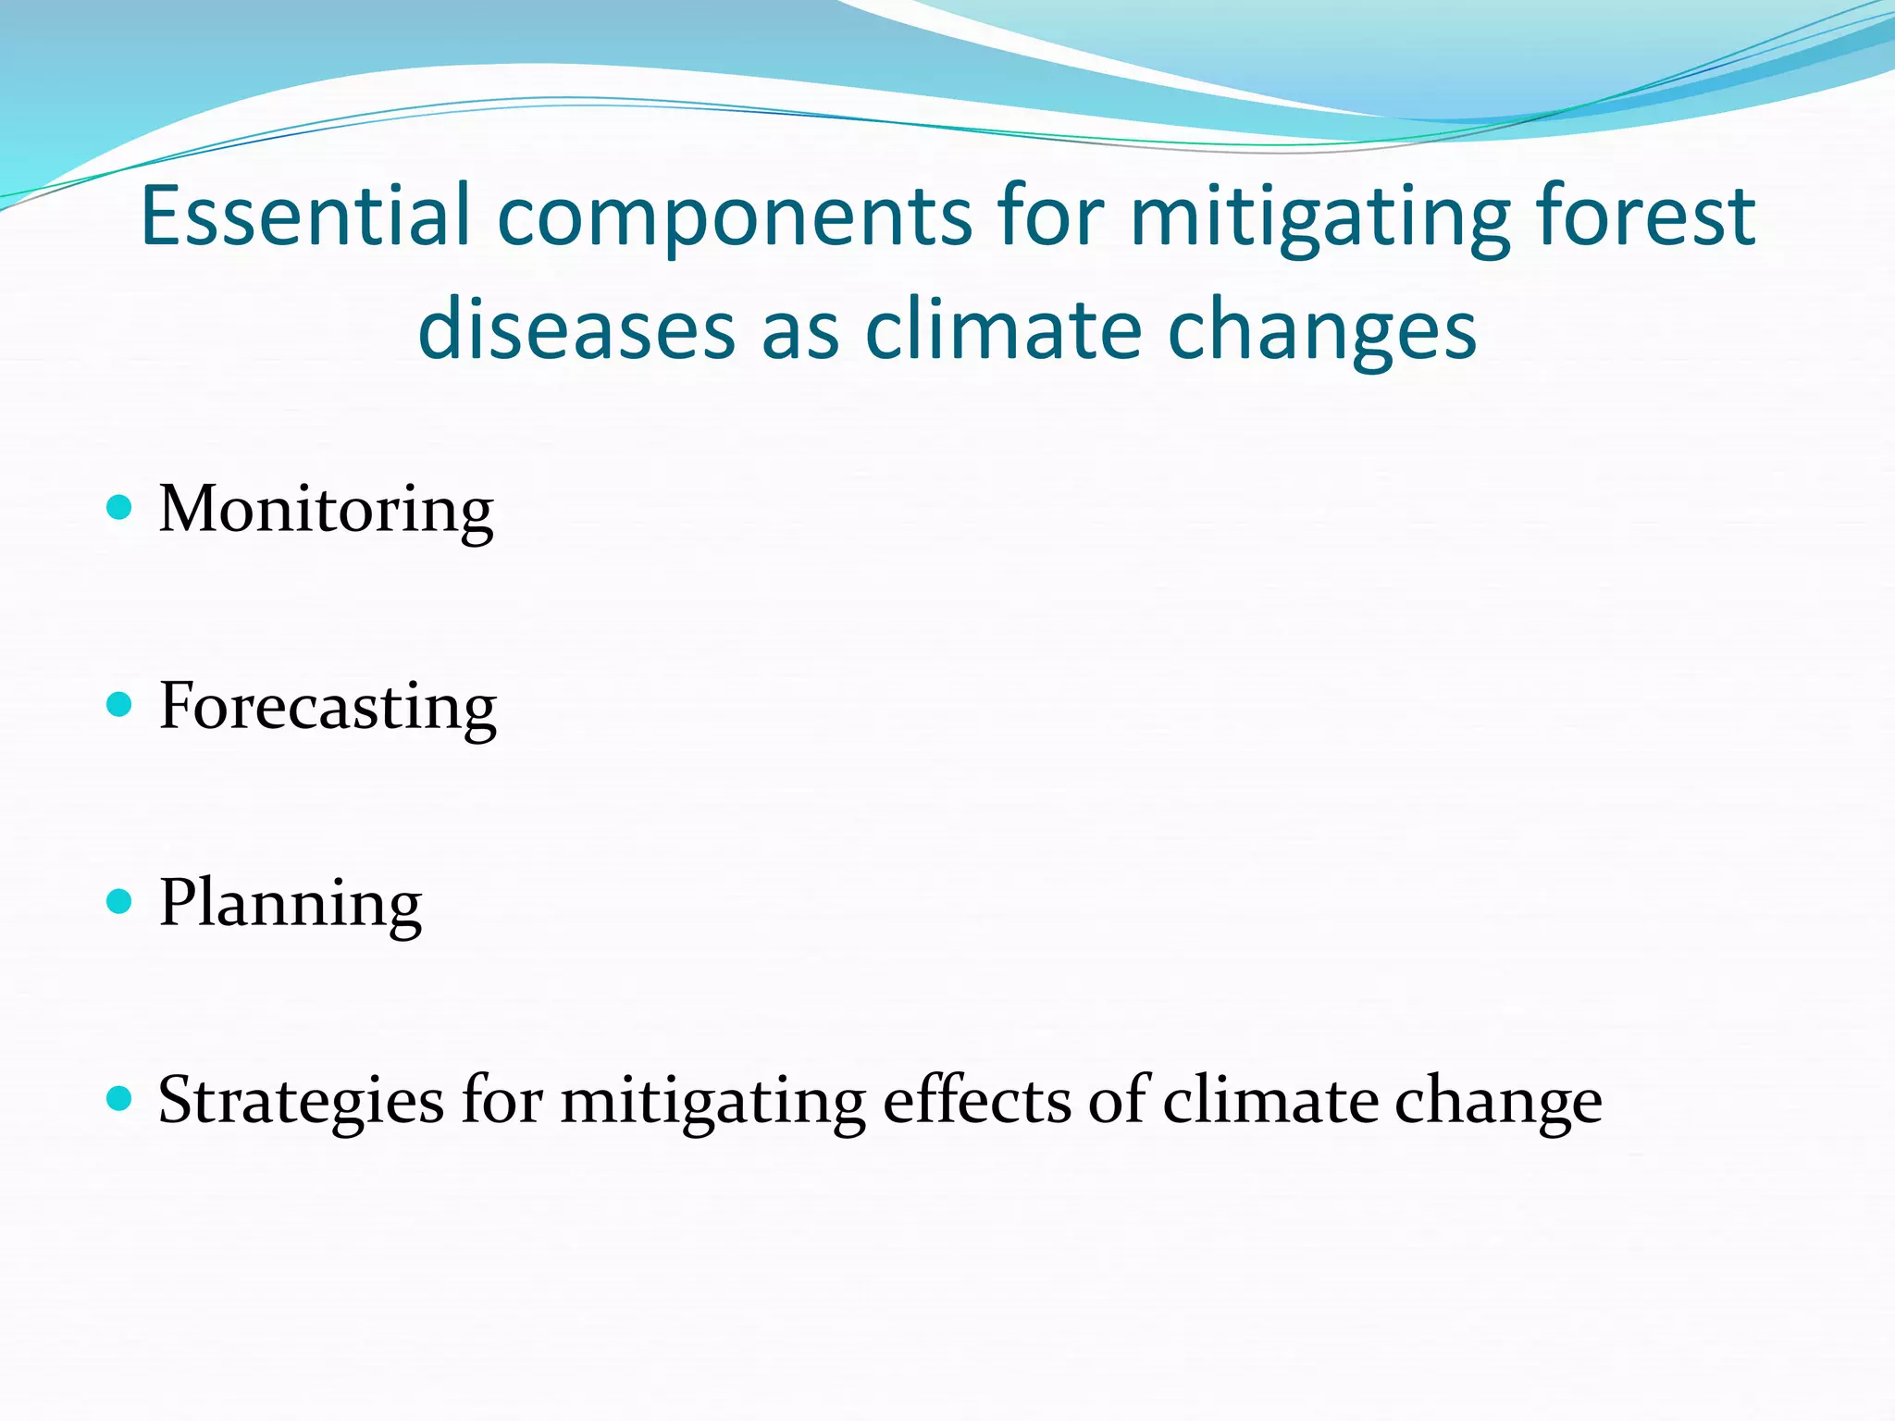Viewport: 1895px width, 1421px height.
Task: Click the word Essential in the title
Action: point(305,216)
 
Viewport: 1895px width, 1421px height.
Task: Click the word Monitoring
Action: point(326,511)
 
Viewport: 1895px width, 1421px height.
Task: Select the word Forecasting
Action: point(328,708)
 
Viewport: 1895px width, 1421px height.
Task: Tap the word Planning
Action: point(290,905)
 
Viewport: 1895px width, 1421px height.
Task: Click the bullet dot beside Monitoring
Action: point(119,507)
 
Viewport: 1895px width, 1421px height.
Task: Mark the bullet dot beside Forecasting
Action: point(119,705)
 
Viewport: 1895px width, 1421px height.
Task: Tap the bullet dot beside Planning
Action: point(119,902)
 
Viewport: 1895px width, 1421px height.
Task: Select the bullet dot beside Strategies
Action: point(119,1099)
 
